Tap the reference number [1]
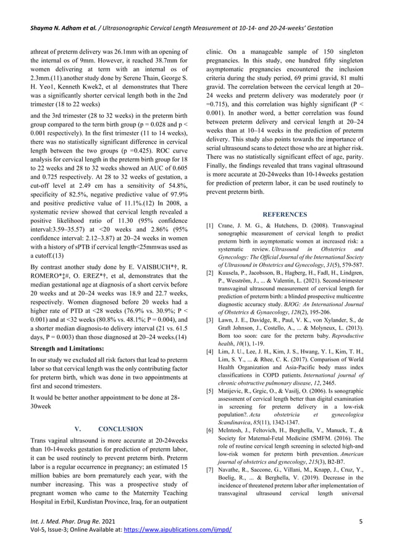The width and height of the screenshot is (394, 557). click(x=211, y=227)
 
